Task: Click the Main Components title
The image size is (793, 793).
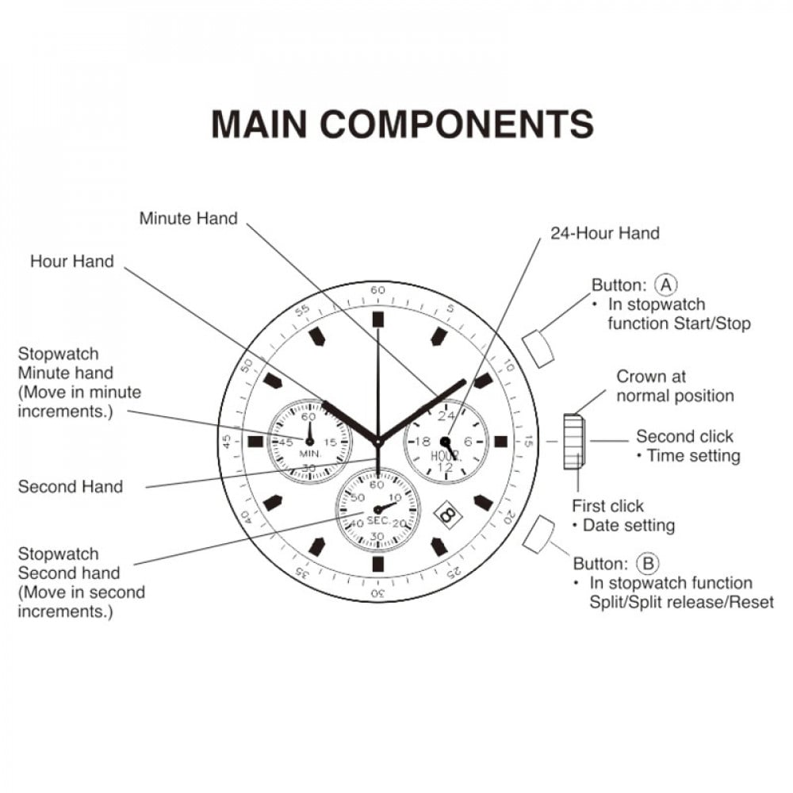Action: (x=402, y=124)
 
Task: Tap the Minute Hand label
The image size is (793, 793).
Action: (x=188, y=219)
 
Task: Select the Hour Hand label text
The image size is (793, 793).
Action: (x=72, y=262)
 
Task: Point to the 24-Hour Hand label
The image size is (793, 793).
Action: (x=605, y=233)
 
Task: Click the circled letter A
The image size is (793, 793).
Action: (x=665, y=285)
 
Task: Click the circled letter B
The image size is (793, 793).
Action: (x=647, y=563)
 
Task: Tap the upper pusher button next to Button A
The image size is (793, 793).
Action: (x=538, y=348)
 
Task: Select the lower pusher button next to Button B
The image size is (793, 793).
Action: (x=538, y=534)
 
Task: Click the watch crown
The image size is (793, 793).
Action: (x=574, y=442)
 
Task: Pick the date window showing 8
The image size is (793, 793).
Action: (x=448, y=515)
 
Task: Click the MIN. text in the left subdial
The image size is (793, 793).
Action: (x=310, y=454)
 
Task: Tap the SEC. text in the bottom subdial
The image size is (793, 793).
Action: (x=378, y=521)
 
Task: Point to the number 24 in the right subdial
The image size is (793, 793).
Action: (x=446, y=416)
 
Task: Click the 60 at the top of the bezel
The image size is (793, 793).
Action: (x=377, y=290)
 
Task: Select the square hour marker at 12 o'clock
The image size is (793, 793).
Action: (x=377, y=320)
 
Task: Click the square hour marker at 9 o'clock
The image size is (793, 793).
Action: (x=256, y=442)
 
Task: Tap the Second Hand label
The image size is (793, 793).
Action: (x=71, y=487)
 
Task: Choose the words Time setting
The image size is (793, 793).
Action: (x=693, y=456)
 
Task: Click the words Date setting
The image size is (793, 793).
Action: (x=629, y=526)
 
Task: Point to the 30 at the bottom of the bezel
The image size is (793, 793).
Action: (x=377, y=593)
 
